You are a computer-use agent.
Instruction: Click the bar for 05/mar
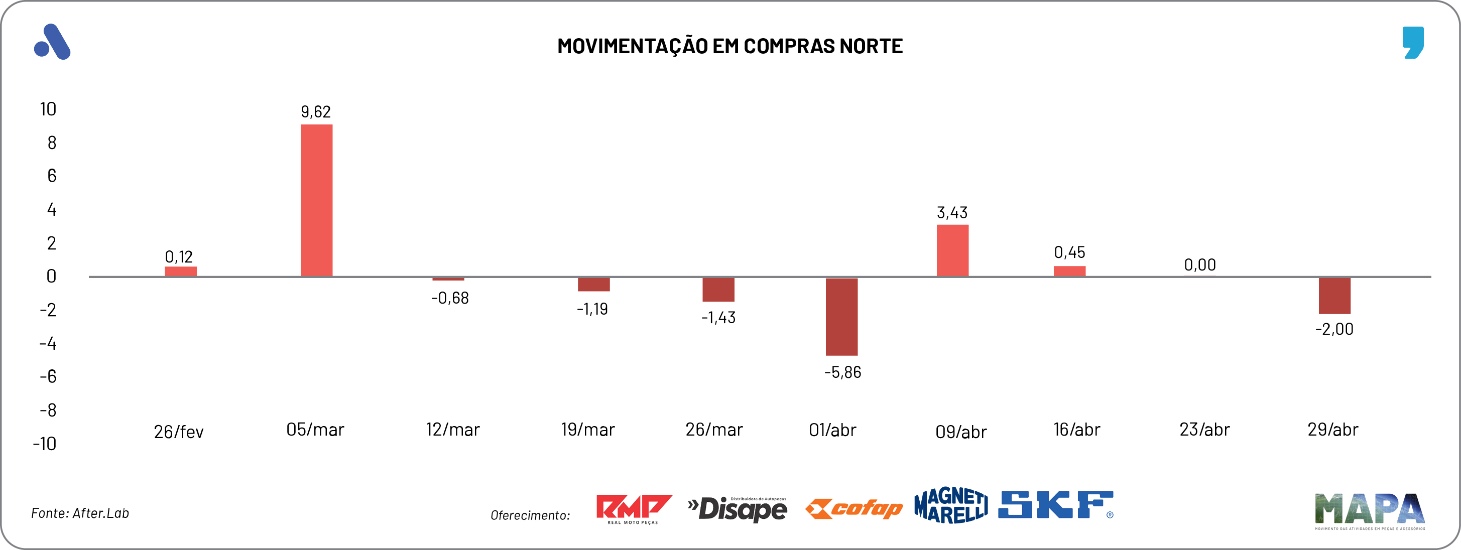[316, 200]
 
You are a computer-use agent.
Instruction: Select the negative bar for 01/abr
[841, 316]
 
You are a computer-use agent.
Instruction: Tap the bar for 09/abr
[952, 250]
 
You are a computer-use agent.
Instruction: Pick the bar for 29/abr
[1334, 296]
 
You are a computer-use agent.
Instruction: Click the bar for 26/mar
[718, 289]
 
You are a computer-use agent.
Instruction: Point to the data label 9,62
[316, 112]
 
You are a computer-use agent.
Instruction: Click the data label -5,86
[842, 372]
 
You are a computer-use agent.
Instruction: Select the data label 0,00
[1199, 265]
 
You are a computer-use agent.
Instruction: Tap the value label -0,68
[450, 298]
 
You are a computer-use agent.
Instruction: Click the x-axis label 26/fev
[179, 432]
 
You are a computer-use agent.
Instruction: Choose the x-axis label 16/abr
[1076, 430]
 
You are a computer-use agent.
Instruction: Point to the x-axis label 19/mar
[587, 430]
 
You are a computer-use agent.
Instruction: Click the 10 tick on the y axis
[48, 109]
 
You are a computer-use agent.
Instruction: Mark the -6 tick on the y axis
[48, 376]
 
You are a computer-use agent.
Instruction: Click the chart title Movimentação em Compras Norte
[730, 46]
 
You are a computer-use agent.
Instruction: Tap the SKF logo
[1055, 505]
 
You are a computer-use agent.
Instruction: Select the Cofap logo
[854, 509]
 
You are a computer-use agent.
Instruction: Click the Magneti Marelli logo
[950, 505]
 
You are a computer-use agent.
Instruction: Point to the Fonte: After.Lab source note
[80, 513]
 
